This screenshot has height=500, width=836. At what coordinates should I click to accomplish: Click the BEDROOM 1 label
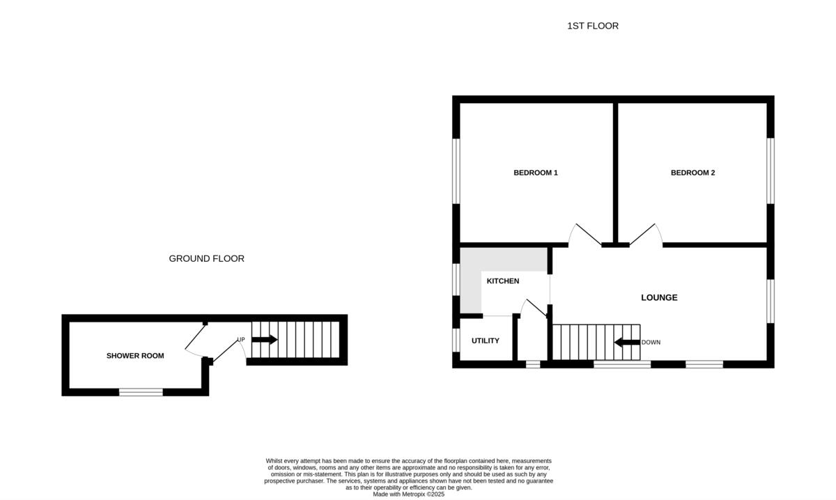[536, 173]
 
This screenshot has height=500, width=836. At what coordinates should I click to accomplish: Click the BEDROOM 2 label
[692, 173]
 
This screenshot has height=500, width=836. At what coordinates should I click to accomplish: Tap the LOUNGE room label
[659, 298]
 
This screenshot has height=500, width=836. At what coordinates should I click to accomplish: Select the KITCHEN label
[502, 281]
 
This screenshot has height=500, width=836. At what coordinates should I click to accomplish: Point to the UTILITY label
[486, 341]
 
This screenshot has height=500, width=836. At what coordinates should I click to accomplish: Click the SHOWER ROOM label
[135, 356]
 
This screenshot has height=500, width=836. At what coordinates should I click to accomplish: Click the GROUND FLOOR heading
[206, 258]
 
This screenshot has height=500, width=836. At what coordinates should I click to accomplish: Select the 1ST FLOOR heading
[592, 26]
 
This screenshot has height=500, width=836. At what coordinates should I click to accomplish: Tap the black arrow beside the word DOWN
[626, 342]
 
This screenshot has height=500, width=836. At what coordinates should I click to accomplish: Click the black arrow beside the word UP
[264, 340]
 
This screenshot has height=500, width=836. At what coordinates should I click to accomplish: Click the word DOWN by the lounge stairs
[651, 343]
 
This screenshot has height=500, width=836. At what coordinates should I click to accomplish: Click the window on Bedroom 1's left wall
[456, 171]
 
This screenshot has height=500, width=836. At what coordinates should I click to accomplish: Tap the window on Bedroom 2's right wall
[771, 171]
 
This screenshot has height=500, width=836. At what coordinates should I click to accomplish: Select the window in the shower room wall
[141, 392]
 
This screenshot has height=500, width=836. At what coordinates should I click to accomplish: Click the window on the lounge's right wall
[771, 301]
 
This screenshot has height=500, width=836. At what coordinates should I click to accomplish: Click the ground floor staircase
[295, 339]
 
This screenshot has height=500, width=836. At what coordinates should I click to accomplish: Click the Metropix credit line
[408, 494]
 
